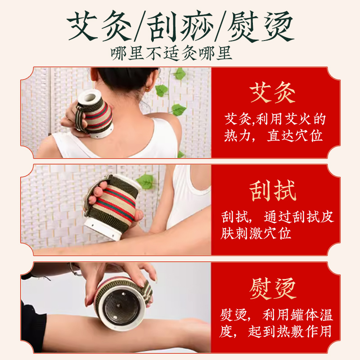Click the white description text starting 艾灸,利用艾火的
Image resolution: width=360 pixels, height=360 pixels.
(x=274, y=120)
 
